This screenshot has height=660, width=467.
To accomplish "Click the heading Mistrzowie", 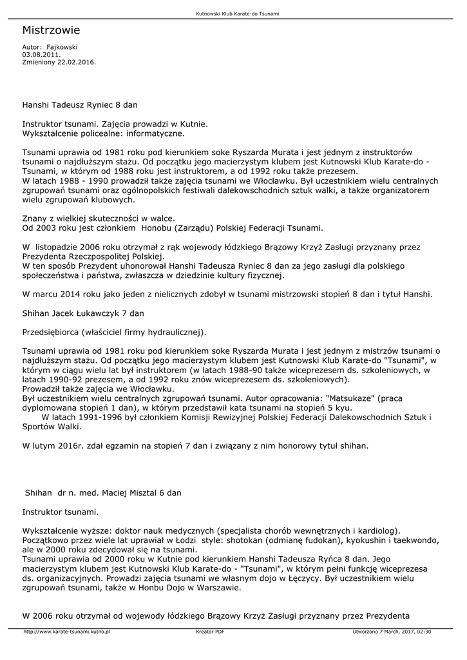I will coord(51,30).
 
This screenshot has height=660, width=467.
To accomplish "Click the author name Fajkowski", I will coord(62,47).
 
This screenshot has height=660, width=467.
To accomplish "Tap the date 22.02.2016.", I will coord(77,62).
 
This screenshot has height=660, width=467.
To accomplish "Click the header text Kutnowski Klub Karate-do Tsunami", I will coord(233,14).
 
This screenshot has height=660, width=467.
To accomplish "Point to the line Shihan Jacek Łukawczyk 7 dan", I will coord(83,313).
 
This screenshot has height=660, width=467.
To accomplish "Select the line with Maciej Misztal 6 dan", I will coord(103,493).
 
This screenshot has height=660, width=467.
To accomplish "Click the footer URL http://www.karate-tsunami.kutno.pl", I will coord(67,632).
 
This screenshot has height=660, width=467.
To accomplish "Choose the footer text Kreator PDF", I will coord(210,632).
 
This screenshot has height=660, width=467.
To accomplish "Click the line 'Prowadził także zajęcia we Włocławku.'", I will coord(98,389).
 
